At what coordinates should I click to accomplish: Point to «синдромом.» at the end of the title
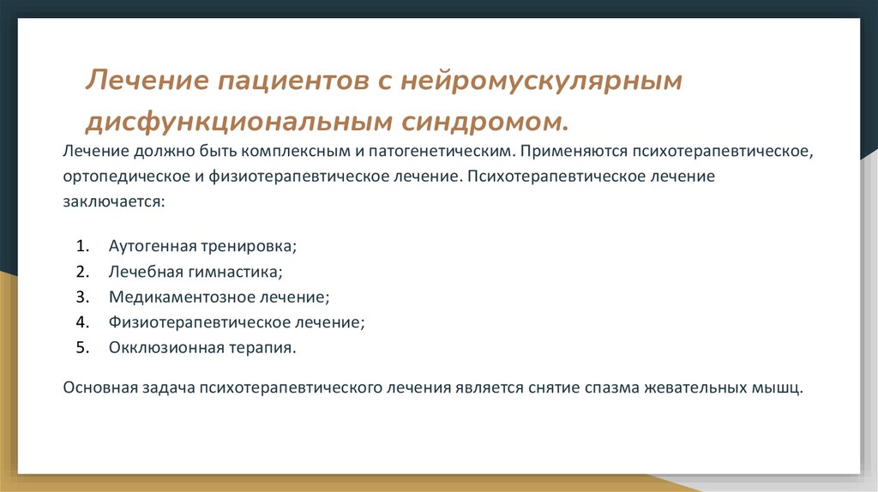(484, 122)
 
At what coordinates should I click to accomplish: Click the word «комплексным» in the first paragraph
(292, 152)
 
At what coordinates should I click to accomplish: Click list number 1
(81, 246)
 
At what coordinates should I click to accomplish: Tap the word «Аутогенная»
(151, 246)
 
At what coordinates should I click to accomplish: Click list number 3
(81, 297)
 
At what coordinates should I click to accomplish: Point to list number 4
(81, 323)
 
